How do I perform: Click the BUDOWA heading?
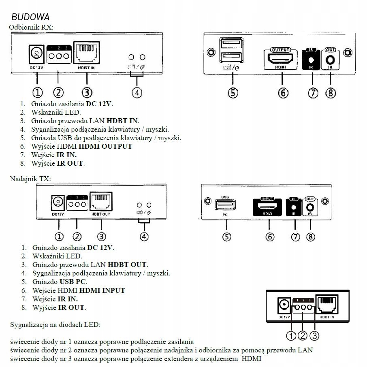point(30,17)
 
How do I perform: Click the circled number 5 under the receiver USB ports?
point(233,93)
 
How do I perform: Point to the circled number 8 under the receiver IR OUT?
point(331,93)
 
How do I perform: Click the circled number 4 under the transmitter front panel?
point(144,236)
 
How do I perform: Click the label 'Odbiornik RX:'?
point(31,27)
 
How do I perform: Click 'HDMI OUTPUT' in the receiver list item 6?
point(105,146)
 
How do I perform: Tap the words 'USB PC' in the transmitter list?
point(73,282)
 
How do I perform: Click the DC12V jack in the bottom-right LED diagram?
point(284,305)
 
